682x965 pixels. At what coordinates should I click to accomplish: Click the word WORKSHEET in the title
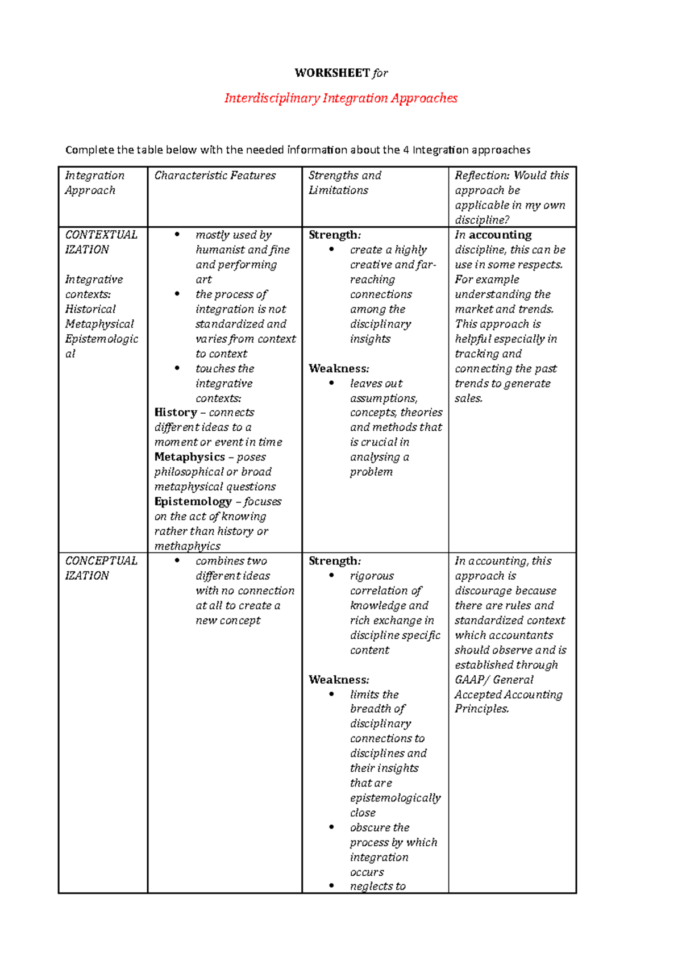pos(332,73)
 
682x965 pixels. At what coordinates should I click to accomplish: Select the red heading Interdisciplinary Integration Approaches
pos(341,98)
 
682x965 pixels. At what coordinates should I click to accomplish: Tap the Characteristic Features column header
pos(215,176)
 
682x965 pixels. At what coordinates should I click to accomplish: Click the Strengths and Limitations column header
pos(344,182)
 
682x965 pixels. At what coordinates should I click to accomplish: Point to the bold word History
pos(176,413)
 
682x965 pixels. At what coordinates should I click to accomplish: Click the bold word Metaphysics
pos(190,457)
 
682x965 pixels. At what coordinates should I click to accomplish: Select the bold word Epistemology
pos(193,501)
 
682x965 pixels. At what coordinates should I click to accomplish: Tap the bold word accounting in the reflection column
pos(500,235)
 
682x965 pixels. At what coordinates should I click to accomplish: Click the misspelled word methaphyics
pos(188,546)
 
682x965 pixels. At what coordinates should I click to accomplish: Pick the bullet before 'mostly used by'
pos(177,234)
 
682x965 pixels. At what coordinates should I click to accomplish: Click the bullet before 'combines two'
pos(177,560)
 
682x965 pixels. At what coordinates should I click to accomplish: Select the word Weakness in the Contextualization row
pos(338,368)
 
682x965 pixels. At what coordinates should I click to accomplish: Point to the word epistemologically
pos(395,798)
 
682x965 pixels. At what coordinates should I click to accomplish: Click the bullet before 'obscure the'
pos(331,827)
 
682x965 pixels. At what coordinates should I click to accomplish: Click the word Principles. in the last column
pos(481,709)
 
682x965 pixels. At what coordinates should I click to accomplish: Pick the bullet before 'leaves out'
pos(331,383)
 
